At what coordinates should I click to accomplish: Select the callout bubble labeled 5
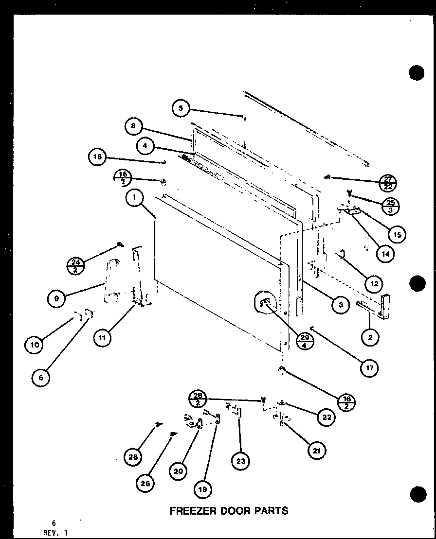pos(181,108)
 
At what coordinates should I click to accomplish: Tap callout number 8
pos(133,127)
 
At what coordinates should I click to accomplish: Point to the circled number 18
pos(97,156)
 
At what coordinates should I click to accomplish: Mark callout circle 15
pos(397,235)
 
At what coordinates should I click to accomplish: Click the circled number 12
pos(374,283)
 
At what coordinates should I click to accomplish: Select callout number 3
pos(341,304)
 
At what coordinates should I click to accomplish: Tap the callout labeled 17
pos(369,368)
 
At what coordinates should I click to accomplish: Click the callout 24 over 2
pos(75,266)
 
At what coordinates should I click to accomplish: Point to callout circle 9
pos(56,299)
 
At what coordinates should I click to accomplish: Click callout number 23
pos(241,461)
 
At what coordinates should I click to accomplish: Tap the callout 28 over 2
pos(197,399)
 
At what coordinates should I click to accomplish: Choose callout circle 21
pos(317,451)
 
